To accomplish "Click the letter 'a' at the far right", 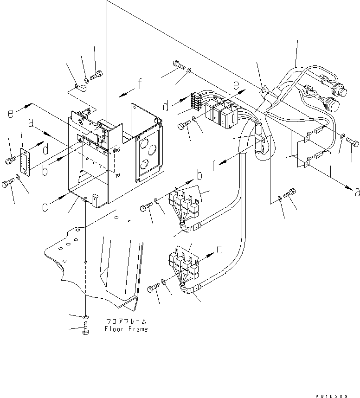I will (x=356, y=192).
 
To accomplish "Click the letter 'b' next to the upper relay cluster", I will (x=199, y=176).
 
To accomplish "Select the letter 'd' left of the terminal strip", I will (x=166, y=107).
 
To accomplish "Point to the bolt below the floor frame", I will (x=85, y=330).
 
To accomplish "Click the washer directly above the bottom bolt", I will (x=85, y=316).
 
